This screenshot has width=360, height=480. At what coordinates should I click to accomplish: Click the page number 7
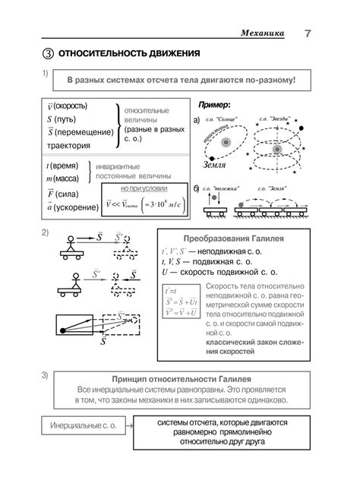308,33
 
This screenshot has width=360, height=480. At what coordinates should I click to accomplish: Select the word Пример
213,104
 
